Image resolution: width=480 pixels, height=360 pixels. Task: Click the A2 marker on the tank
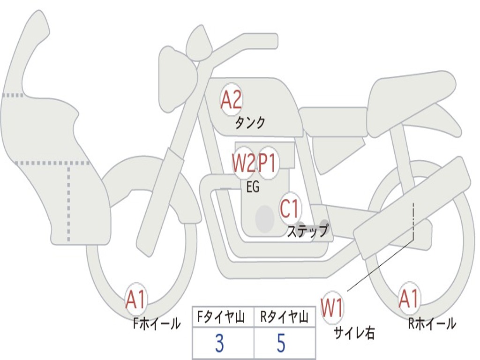coord(231,99)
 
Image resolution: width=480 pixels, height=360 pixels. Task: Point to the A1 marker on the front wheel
coord(136,300)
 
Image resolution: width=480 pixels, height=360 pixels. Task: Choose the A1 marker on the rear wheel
coord(409,299)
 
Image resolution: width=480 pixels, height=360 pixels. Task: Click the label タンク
coord(250,123)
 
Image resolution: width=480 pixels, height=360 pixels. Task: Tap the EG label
coord(252,187)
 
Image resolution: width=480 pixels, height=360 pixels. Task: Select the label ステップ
coord(307,231)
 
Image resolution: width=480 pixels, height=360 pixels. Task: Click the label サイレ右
coord(354,333)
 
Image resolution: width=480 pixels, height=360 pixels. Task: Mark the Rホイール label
coord(432,323)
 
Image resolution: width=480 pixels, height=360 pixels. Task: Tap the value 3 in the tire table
coord(219,344)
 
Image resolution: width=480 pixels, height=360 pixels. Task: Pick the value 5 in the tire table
coord(281,344)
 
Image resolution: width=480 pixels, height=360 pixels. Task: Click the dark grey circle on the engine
coord(264,218)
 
